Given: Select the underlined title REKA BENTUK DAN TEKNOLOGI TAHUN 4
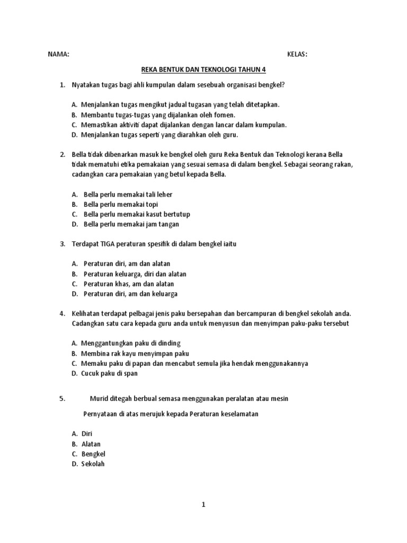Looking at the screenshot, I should [x=203, y=69].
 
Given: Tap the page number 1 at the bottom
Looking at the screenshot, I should [x=203, y=504].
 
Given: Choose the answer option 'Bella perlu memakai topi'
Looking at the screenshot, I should [x=120, y=204].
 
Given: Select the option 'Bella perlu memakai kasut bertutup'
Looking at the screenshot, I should [x=136, y=214].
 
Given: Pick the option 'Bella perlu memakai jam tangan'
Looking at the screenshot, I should [x=131, y=224].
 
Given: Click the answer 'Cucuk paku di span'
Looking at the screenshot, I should [x=110, y=373].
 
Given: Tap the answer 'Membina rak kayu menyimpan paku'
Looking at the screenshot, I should [x=135, y=353].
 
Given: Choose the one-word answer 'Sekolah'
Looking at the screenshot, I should [x=93, y=464].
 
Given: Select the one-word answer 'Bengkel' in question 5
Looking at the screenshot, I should [x=93, y=454].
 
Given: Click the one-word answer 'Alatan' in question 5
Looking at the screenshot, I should [x=91, y=444].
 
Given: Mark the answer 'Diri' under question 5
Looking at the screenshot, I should [x=87, y=434].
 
